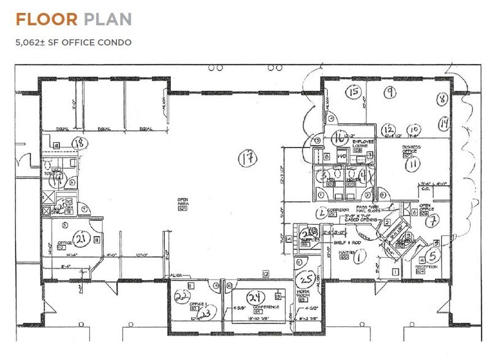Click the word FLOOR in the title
point(47,20)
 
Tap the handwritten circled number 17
point(247,159)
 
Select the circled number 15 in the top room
point(352,92)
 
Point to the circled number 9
point(389,92)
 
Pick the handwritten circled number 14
point(443,124)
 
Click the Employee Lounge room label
point(363,142)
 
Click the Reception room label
point(431,266)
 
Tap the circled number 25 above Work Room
point(307,280)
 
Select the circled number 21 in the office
point(80,238)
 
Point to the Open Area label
point(183,200)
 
